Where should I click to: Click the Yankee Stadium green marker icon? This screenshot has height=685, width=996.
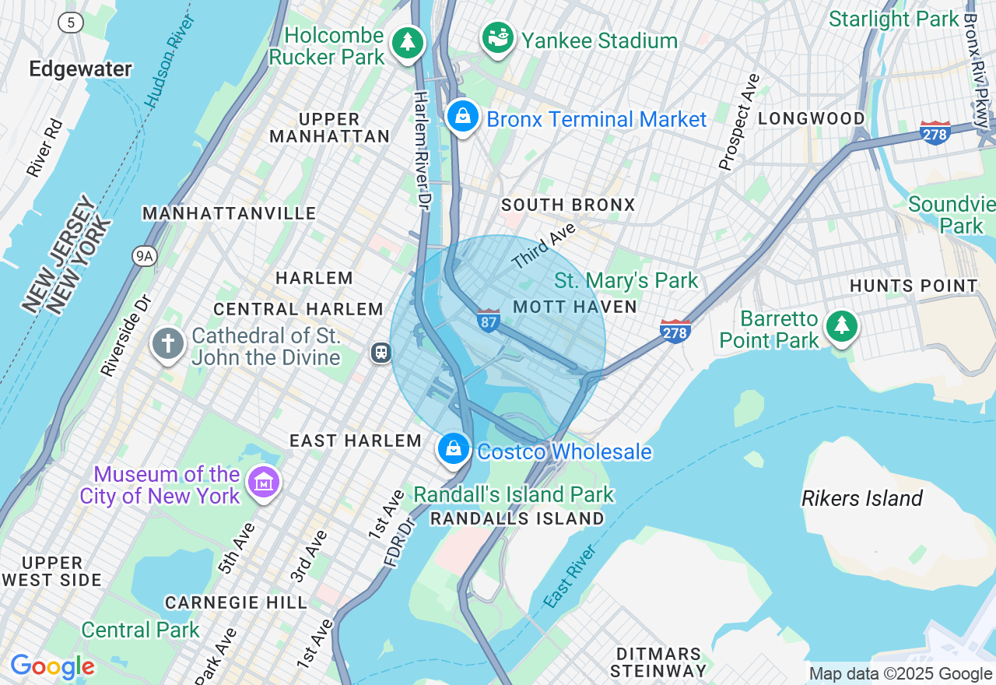498,37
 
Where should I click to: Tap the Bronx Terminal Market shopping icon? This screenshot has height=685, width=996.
463,117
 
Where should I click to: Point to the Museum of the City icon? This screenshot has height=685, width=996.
263,483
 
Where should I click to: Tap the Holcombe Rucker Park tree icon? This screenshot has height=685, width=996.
407,42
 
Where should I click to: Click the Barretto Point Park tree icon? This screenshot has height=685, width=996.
840,326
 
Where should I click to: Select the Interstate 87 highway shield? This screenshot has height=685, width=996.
488,320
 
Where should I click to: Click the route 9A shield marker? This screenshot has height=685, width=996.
144,255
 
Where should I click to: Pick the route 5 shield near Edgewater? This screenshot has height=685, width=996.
71,23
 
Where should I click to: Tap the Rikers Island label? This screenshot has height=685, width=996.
862,498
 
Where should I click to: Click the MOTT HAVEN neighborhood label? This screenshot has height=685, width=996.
575,307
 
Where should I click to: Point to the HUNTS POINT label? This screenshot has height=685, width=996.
914,286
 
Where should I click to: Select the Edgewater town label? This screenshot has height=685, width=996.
80,69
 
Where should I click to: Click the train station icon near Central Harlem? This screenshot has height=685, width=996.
381,353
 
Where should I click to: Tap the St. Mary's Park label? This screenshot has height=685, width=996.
626,280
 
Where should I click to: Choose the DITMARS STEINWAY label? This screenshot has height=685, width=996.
658,662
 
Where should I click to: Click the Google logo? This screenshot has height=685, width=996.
52,666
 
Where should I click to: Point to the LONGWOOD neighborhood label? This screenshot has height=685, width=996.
811,118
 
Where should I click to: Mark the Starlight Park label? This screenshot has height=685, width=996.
893,19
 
